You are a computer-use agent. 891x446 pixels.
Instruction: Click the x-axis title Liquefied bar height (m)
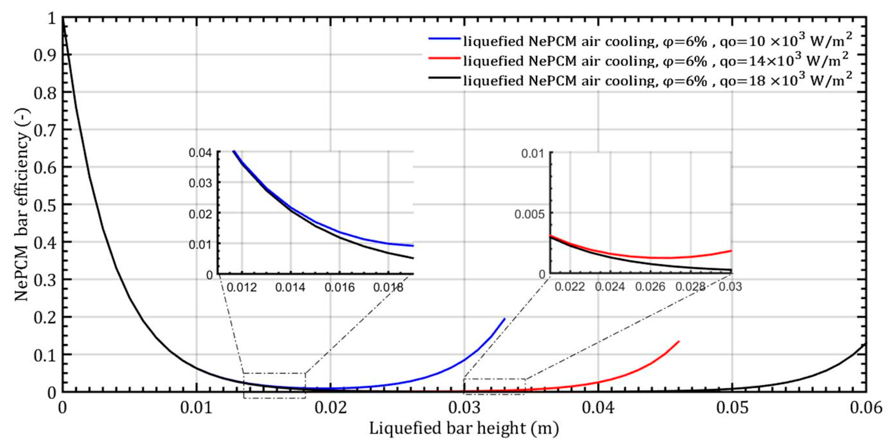[464, 428]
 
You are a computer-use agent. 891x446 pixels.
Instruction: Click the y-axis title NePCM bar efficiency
[22, 204]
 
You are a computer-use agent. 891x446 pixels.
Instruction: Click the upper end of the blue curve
[504, 319]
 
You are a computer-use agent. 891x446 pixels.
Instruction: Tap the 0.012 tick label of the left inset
[242, 287]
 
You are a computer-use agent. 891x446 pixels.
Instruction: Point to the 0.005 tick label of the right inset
[529, 214]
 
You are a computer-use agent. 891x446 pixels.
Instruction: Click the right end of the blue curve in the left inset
[413, 246]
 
